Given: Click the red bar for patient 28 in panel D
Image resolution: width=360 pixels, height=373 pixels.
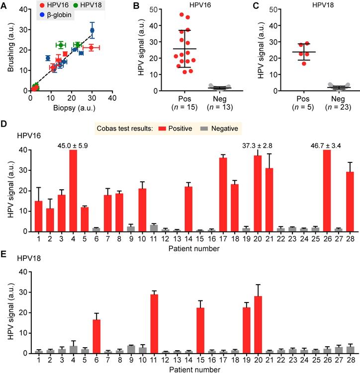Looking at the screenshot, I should [x=350, y=202].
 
